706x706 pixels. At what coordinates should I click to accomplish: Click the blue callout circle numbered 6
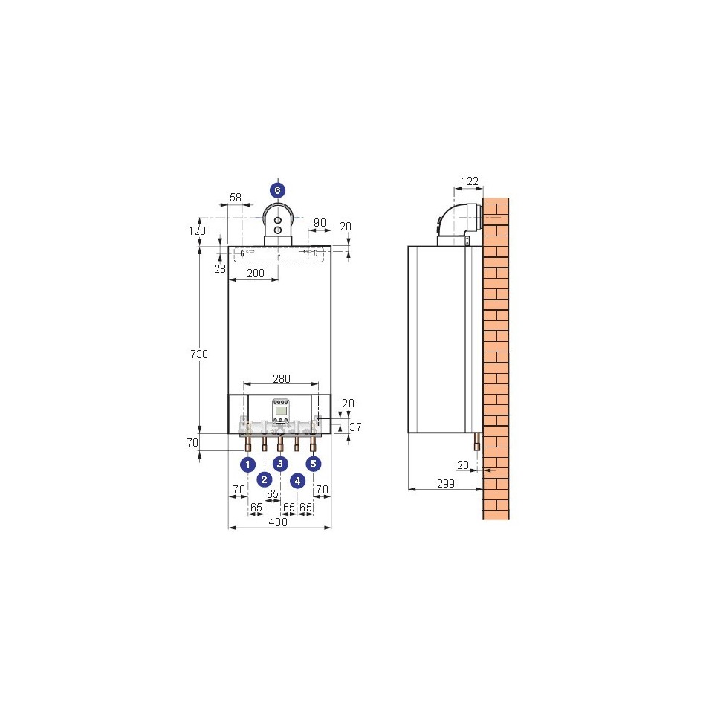(277, 190)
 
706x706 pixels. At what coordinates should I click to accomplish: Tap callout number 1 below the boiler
(247, 464)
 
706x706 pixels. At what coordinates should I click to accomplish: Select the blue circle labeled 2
(265, 479)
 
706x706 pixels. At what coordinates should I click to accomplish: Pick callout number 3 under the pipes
(280, 463)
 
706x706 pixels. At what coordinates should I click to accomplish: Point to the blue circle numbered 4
(297, 481)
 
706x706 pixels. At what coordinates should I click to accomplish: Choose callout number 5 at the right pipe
(314, 463)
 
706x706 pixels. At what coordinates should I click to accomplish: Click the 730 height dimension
(199, 354)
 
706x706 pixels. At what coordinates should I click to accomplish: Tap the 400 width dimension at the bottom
(278, 522)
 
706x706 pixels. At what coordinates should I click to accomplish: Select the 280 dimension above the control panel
(282, 379)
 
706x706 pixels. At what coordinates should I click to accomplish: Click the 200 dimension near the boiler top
(256, 273)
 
